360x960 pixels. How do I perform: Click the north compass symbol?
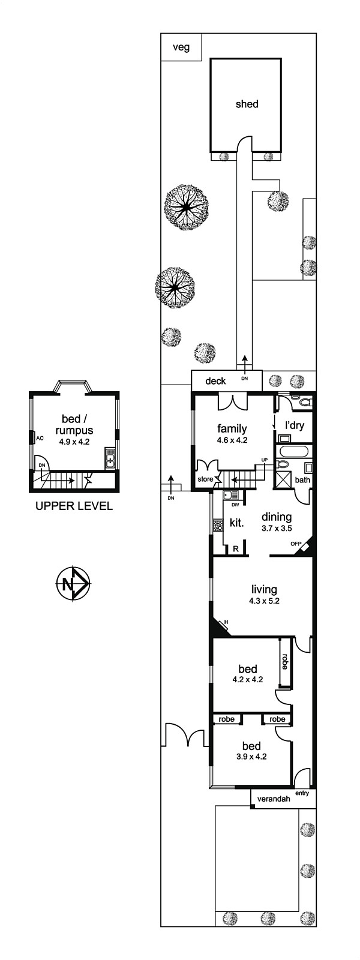tap(73, 583)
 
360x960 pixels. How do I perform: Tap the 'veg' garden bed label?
tap(181, 47)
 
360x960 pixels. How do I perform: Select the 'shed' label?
tap(247, 104)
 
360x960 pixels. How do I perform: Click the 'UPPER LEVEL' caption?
tap(74, 506)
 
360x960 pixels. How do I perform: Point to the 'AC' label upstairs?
tap(40, 439)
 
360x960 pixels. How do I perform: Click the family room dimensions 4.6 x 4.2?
tap(232, 439)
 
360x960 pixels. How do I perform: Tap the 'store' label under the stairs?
tap(205, 479)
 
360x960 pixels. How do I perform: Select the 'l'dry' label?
tap(295, 425)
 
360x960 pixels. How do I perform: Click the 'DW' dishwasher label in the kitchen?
tap(235, 505)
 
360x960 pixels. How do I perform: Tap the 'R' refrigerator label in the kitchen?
tap(236, 548)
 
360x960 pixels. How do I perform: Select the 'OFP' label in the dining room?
tap(296, 544)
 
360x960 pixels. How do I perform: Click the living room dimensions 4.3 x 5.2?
tap(264, 601)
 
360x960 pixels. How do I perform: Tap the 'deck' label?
tap(215, 380)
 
